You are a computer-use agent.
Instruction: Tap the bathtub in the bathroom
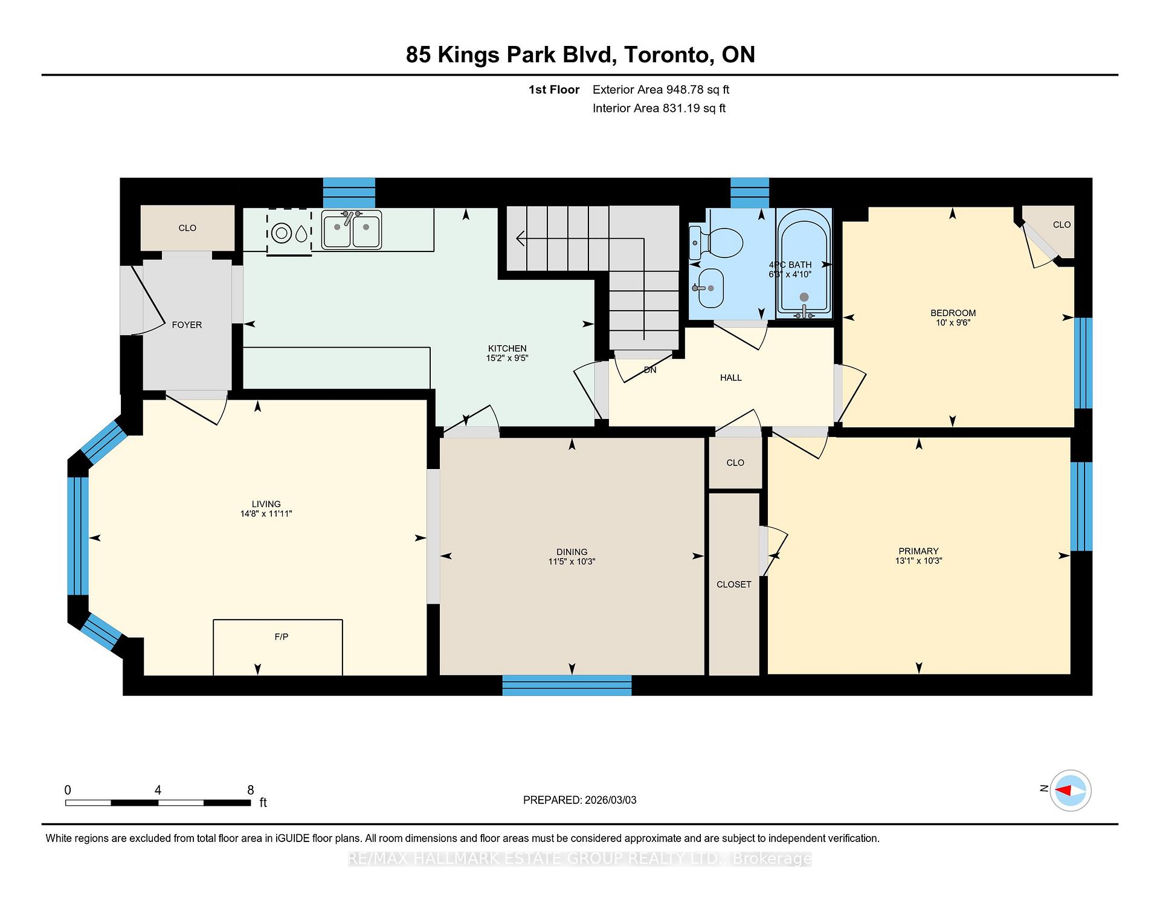tap(804, 263)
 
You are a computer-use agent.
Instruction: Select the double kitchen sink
tap(351, 230)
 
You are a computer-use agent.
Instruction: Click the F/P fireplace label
tap(281, 636)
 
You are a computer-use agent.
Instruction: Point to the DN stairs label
tap(650, 370)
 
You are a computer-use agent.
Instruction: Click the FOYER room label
tap(187, 325)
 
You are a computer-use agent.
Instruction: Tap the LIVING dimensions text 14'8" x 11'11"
tap(266, 514)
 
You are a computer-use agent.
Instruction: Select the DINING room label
tap(572, 551)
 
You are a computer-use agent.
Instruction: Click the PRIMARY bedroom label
tap(918, 551)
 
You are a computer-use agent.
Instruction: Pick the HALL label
tap(730, 377)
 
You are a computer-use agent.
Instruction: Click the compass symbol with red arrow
tap(1071, 790)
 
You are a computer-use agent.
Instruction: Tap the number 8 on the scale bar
tap(250, 789)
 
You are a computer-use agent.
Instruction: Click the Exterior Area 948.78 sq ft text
tap(660, 89)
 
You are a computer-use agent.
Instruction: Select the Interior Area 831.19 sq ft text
tap(659, 108)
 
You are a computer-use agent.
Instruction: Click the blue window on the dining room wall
tap(567, 685)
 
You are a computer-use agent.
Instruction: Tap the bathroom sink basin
tap(710, 288)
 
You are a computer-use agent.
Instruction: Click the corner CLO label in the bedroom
tap(1061, 224)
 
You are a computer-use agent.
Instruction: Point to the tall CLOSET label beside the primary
tap(733, 584)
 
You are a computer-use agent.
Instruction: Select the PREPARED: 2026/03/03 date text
tap(579, 800)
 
